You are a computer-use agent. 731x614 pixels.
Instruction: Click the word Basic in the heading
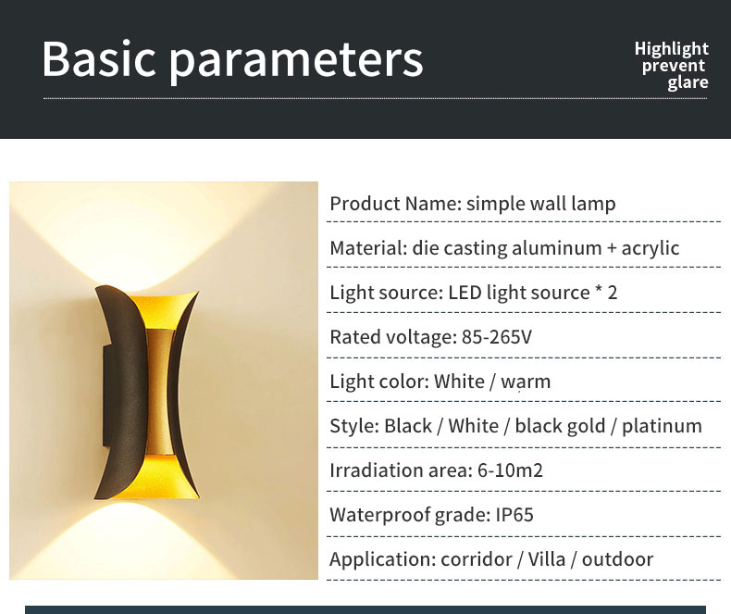(98, 58)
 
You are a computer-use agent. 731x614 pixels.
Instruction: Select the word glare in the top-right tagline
(688, 82)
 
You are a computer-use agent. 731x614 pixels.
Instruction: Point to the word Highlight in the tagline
(672, 48)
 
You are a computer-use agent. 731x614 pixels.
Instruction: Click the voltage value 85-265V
(497, 337)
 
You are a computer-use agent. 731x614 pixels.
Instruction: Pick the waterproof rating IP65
(514, 515)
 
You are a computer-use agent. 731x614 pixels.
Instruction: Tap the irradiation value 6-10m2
(510, 470)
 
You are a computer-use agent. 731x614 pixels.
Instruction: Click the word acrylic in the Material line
(650, 249)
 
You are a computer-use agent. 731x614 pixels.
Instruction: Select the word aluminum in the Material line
(557, 248)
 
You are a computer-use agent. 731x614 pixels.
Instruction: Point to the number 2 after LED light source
(613, 293)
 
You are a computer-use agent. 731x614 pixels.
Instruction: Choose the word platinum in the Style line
(662, 426)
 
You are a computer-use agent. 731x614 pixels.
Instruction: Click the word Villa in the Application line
(548, 559)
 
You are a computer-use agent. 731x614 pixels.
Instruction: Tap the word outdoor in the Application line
(618, 559)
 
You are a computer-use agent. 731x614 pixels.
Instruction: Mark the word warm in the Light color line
(526, 382)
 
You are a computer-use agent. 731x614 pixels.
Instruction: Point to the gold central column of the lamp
(159, 392)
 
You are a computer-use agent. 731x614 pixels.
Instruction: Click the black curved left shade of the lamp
(127, 392)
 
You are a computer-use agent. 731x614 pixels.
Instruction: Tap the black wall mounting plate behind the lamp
(106, 395)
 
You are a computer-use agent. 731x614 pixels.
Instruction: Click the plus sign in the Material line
(612, 249)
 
